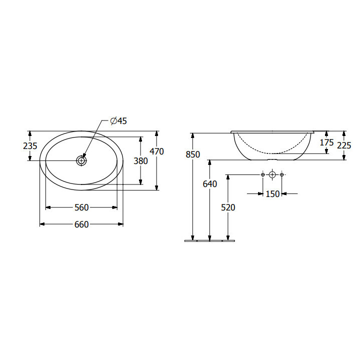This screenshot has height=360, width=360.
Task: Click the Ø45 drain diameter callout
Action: click(x=118, y=121)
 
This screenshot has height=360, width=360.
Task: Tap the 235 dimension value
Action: click(x=30, y=146)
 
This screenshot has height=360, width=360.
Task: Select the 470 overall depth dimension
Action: click(x=156, y=151)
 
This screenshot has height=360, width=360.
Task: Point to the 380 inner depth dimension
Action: click(x=140, y=161)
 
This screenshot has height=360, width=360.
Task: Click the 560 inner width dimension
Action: click(x=81, y=207)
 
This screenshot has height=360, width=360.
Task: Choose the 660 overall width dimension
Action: click(x=81, y=224)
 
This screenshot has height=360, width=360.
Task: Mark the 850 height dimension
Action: click(x=193, y=154)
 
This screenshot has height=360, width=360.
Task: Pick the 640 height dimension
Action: click(x=210, y=184)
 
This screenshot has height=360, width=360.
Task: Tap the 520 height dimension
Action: click(x=228, y=207)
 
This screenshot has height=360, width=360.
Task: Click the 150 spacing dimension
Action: click(x=272, y=194)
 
